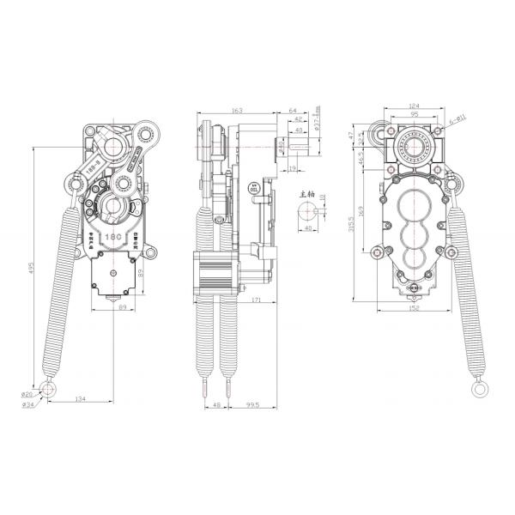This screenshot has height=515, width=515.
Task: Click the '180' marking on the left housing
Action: tap(112, 233)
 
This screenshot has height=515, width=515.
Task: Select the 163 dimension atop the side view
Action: tap(237, 111)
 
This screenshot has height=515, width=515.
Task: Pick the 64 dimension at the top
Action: tap(294, 111)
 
